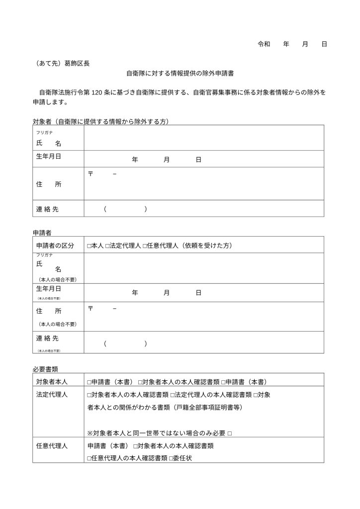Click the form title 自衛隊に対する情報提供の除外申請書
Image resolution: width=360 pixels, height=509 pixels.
[180, 73]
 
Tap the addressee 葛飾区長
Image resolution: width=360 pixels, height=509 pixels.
[78, 63]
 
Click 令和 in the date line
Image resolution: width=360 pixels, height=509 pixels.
[264, 44]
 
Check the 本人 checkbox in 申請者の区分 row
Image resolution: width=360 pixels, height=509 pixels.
[89, 246]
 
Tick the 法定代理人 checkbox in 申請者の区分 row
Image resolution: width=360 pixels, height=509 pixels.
[107, 246]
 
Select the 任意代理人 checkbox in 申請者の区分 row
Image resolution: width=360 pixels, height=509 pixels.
[144, 246]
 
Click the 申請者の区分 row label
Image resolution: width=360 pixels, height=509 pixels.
[55, 246]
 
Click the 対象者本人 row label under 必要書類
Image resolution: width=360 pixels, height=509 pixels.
[52, 382]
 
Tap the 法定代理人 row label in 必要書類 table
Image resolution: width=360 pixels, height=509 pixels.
[52, 395]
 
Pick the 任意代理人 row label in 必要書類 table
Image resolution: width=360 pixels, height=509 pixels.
[52, 446]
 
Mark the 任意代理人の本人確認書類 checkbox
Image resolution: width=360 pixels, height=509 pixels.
[89, 458]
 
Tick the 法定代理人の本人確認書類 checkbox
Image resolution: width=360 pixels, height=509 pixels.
[172, 395]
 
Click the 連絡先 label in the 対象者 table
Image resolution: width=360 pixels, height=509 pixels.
[47, 209]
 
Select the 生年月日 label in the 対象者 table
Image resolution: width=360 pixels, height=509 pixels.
[49, 157]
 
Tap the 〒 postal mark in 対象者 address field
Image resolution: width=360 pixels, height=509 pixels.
[90, 173]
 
